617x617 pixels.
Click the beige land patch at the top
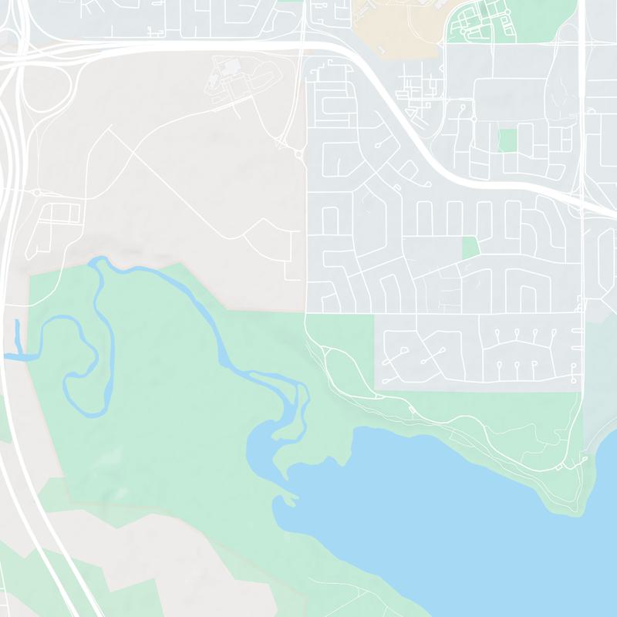(x=393, y=23)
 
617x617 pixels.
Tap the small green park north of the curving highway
(x=507, y=140)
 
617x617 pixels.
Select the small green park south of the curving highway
(x=470, y=247)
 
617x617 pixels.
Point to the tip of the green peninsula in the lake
(x=292, y=500)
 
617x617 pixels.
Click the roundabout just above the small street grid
(x=36, y=192)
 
